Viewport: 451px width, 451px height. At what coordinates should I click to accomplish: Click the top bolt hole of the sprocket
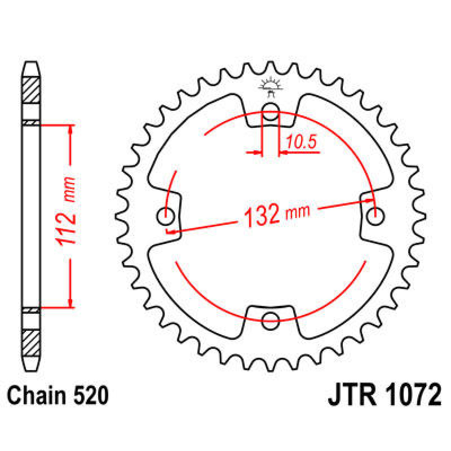click(270, 111)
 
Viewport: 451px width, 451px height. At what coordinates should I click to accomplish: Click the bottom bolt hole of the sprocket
click(270, 320)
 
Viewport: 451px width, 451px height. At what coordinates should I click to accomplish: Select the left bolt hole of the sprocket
click(165, 216)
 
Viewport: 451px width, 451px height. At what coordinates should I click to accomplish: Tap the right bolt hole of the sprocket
click(375, 216)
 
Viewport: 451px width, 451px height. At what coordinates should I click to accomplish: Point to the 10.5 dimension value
click(301, 142)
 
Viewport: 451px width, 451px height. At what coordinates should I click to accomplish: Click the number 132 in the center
click(262, 216)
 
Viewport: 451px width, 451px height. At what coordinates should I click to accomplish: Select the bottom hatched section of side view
click(31, 344)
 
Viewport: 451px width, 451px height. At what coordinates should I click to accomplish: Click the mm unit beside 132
click(298, 212)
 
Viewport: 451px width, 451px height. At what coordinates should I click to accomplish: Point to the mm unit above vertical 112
click(69, 188)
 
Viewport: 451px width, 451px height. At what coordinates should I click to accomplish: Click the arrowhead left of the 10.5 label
click(258, 153)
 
